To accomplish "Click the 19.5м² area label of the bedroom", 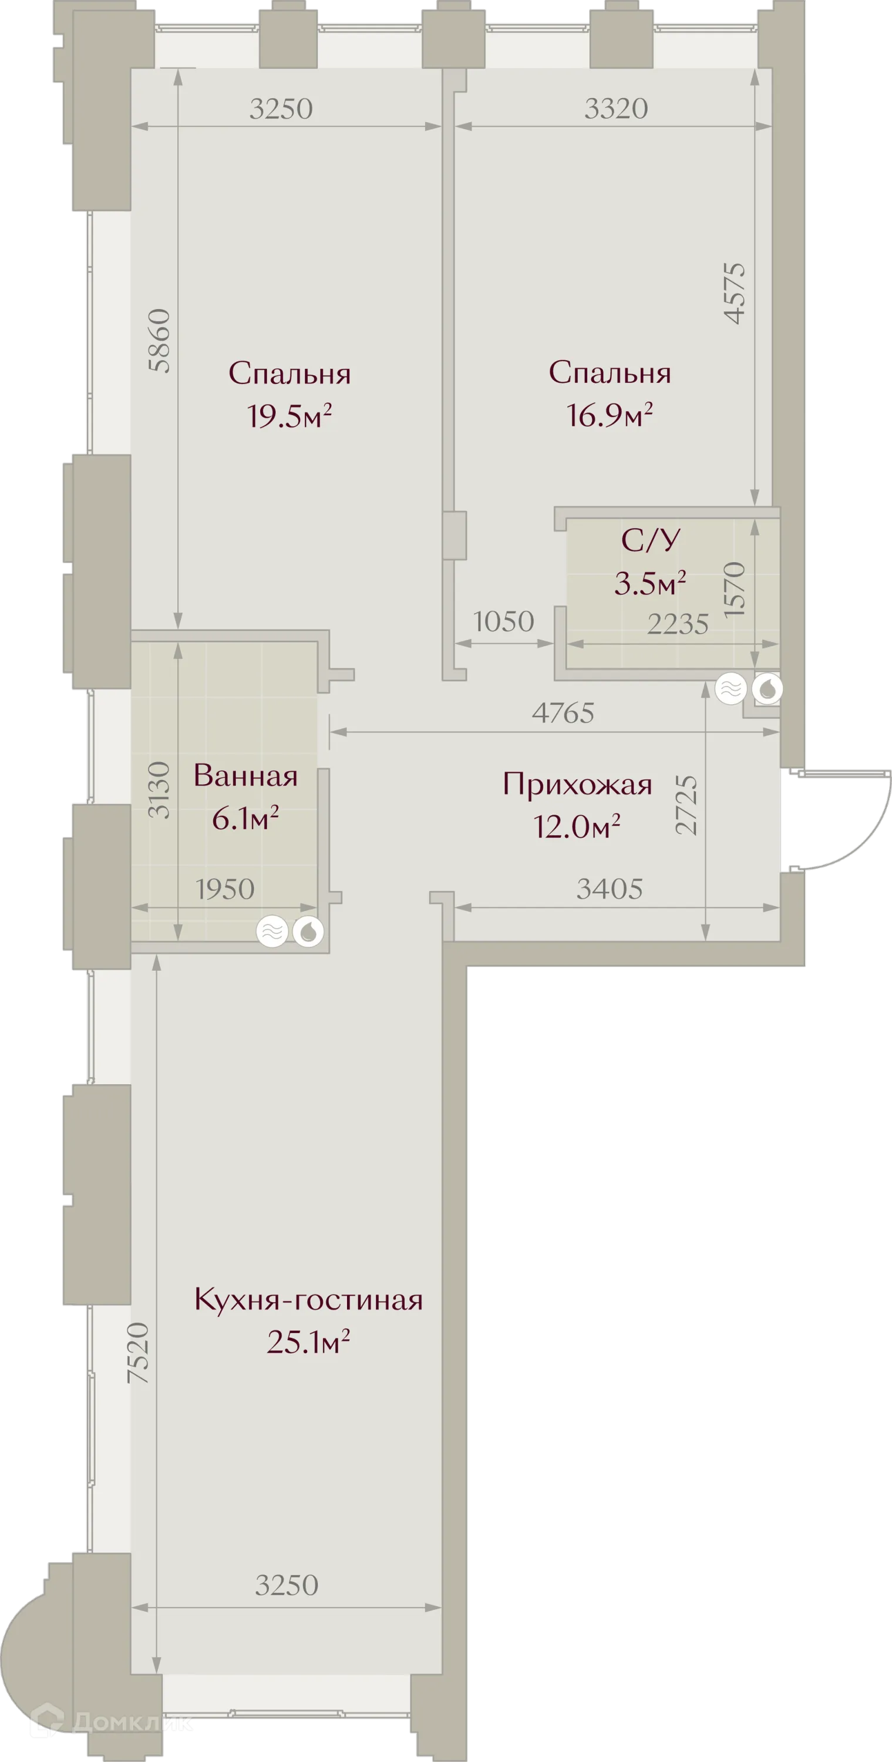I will point(290,415).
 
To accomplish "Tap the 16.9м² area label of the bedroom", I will point(609,415).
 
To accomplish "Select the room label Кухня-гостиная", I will point(308,1300).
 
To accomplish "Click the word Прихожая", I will point(577,785).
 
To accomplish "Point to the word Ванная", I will point(245,776).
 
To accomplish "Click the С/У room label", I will point(651,540).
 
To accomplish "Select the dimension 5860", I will point(159,341).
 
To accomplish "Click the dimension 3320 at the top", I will point(615,109).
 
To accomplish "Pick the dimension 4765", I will point(563,714).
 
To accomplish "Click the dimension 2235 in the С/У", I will point(677,624).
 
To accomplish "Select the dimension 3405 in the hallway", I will point(610,889).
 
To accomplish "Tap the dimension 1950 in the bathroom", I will point(225,889).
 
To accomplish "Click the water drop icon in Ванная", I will point(308,932).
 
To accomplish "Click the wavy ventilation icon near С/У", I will point(731,689).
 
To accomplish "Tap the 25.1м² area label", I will point(308,1343).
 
